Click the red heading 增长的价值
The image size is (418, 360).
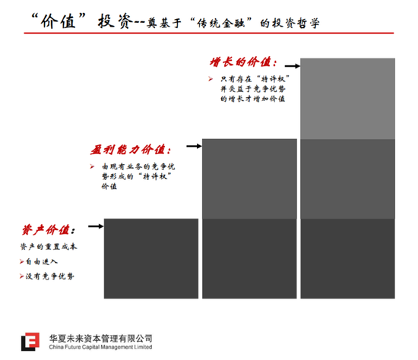coord(243,62)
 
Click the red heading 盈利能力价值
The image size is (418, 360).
coord(131,150)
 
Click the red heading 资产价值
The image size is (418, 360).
coord(48,229)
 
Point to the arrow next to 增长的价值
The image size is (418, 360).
coord(293,66)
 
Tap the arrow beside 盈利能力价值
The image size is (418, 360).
coord(194,146)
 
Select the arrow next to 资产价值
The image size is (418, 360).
coord(96,226)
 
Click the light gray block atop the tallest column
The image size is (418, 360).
coord(347,99)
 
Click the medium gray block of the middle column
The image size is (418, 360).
coord(249,178)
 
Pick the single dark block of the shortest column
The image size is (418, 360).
coord(151,258)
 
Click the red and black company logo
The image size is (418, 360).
coord(30,342)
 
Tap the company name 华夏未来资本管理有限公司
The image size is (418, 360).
coord(100,339)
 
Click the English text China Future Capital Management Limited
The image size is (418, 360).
coord(100,347)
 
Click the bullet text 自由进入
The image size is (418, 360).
coord(42,262)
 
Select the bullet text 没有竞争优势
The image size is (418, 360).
coord(49,276)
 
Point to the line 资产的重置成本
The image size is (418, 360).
coord(49,247)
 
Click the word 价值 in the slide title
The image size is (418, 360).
coord(59,21)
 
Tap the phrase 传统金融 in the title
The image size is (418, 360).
coord(220,24)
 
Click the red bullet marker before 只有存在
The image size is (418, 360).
coord(211,79)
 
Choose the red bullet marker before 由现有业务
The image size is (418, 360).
coord(92,166)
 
